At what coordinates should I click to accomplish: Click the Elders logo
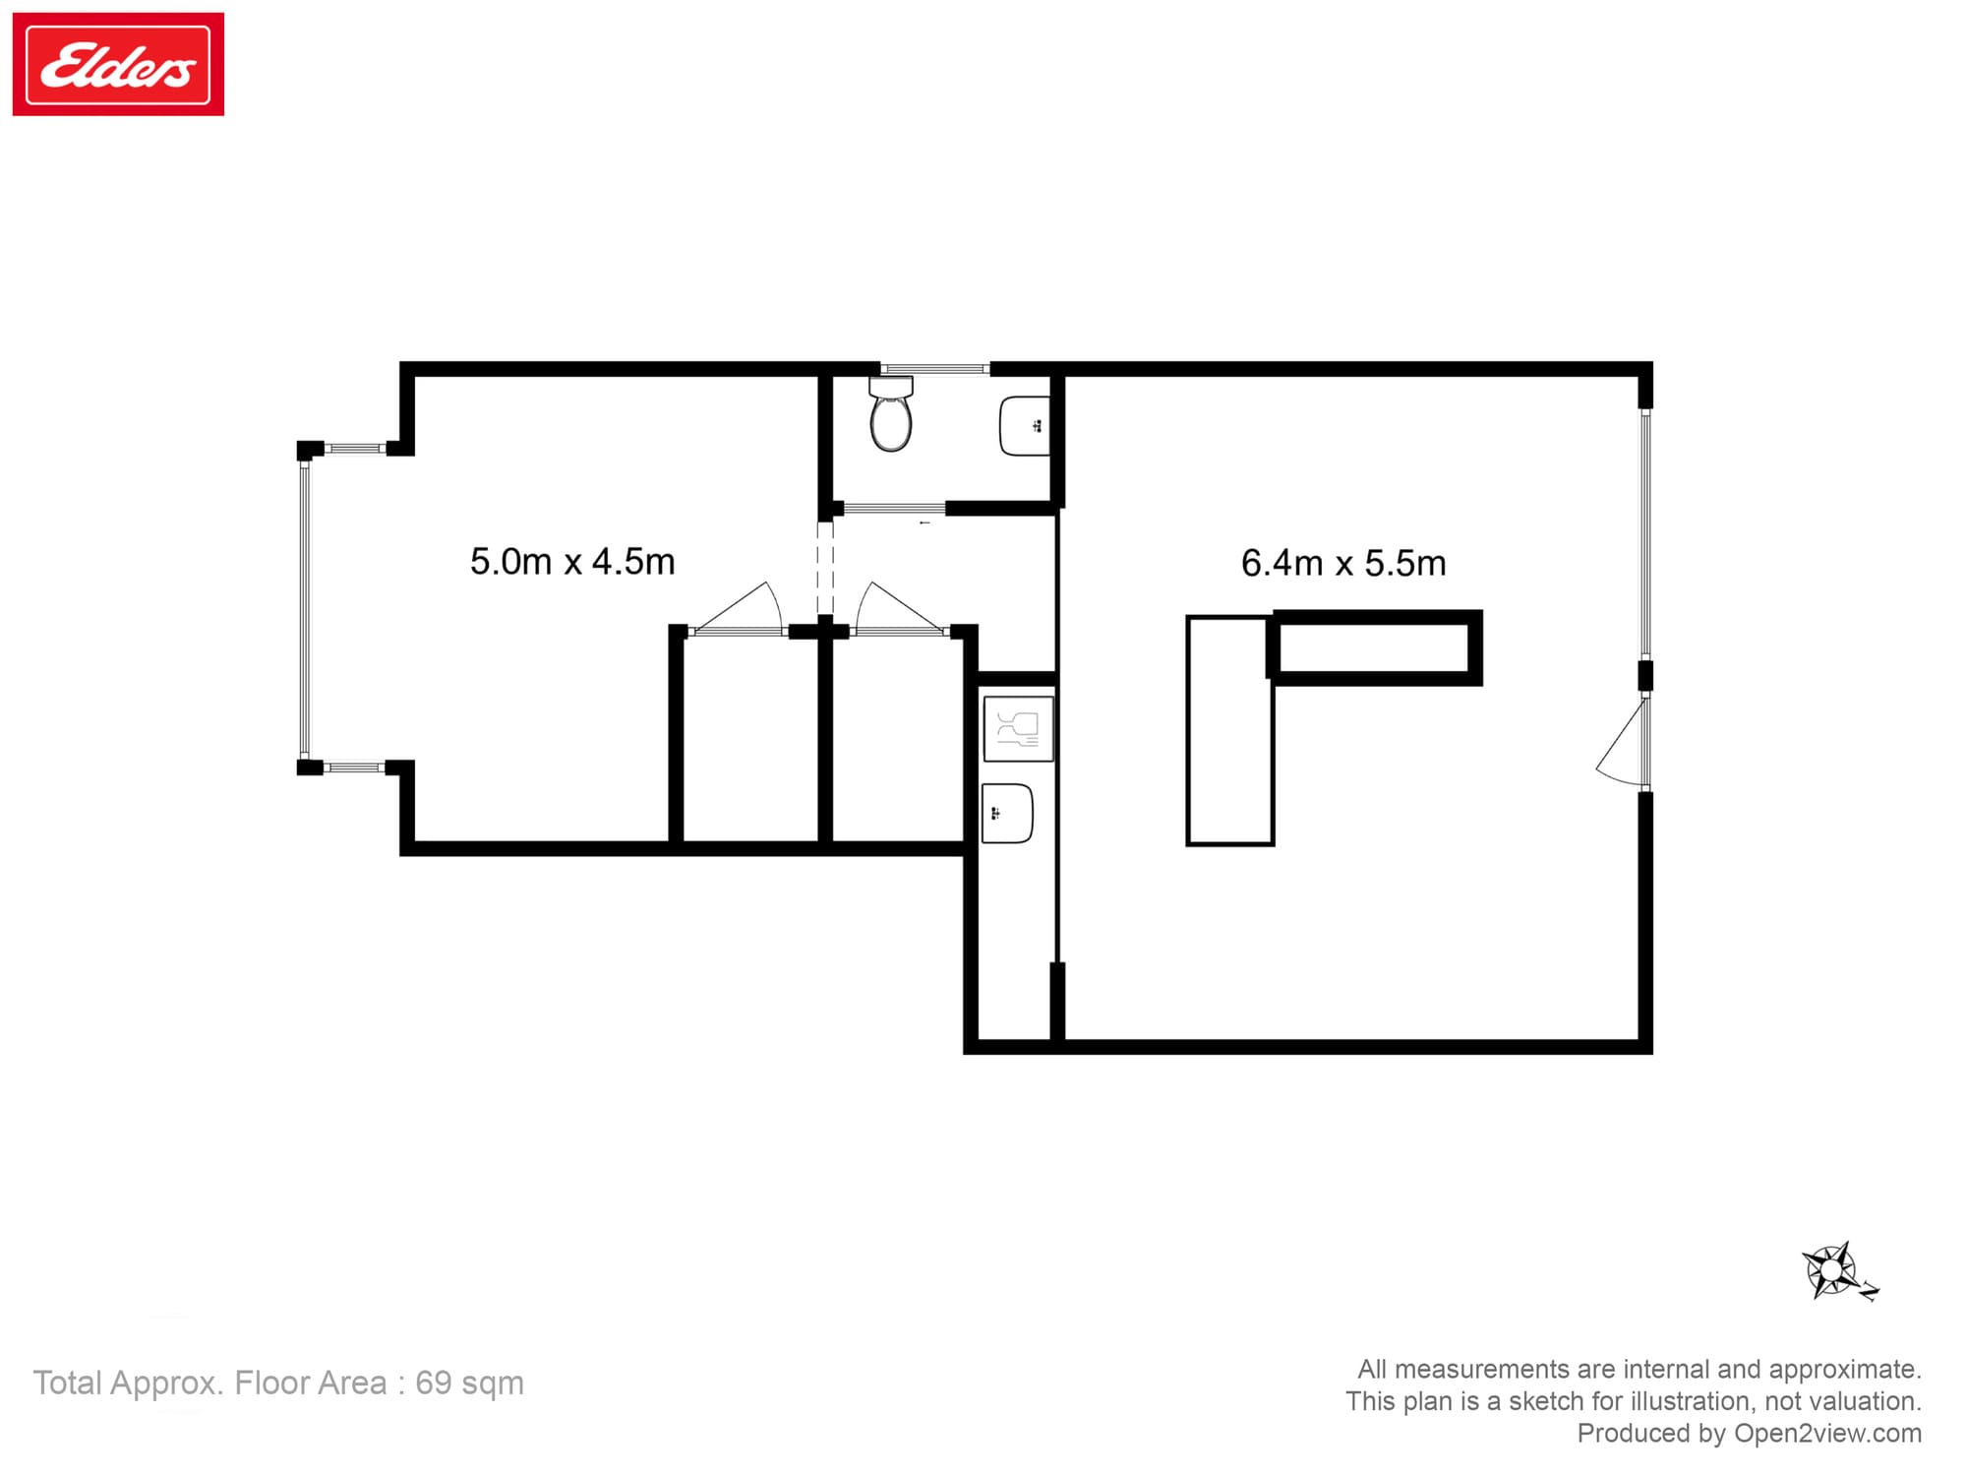coord(118,65)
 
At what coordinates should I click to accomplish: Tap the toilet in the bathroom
coord(891,417)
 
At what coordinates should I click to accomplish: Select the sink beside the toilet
coord(1024,426)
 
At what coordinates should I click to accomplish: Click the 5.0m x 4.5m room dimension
coord(572,562)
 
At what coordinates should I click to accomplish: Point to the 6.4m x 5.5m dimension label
coord(1343,564)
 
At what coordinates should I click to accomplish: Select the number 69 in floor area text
coord(433,1383)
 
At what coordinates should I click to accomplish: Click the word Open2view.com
coord(1827,1433)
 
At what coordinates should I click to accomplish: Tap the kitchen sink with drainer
coord(1018,728)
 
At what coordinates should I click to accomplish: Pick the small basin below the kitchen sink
coord(1007,813)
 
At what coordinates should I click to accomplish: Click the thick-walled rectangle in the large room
coord(1376,647)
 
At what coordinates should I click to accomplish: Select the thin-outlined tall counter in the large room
coord(1229,730)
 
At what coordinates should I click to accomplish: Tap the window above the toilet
coord(934,369)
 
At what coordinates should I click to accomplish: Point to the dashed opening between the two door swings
coord(825,569)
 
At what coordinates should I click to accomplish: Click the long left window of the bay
coord(305,608)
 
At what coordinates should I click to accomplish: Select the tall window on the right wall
coord(1645,532)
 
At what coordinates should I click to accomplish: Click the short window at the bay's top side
coord(355,449)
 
